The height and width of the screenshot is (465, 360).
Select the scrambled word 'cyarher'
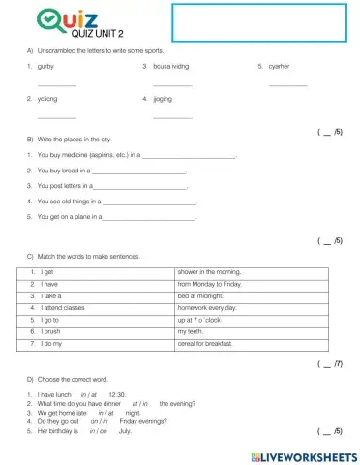click(279, 66)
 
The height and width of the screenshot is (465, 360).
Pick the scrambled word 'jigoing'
click(162, 98)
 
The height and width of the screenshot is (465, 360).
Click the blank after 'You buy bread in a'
click(144, 170)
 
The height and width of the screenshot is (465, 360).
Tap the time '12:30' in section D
click(118, 394)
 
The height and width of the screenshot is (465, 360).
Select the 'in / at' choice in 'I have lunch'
click(88, 394)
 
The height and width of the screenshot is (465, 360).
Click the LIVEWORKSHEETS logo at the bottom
click(303, 454)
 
